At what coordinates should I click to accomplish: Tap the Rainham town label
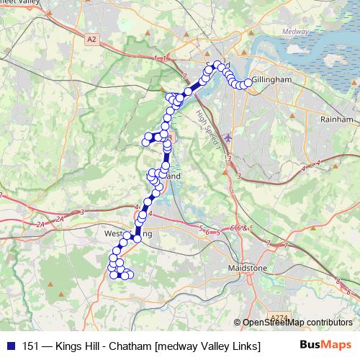(x=338, y=120)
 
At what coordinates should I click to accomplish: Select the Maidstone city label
(x=247, y=268)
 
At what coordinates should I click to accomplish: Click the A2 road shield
(x=91, y=41)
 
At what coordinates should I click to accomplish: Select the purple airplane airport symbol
(x=229, y=136)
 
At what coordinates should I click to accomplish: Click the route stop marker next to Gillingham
(x=249, y=83)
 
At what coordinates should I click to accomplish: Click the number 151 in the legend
(x=31, y=346)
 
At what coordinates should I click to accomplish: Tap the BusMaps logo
(x=325, y=345)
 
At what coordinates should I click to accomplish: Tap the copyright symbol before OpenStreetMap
(x=237, y=323)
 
